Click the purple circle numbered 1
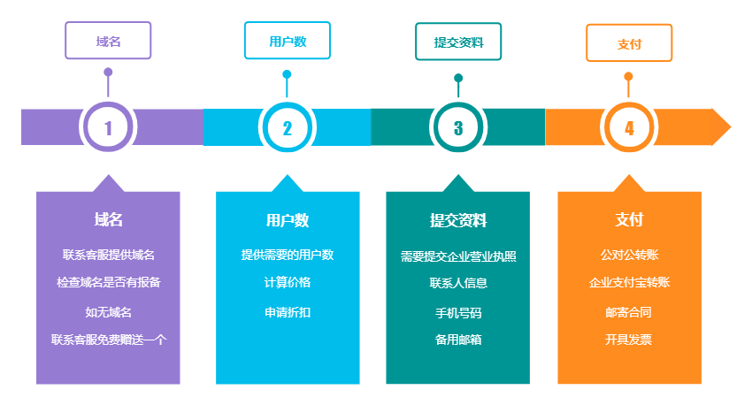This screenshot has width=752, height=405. click(x=108, y=127)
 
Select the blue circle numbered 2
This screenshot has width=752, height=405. click(x=287, y=127)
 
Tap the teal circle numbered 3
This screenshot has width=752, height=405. click(x=458, y=127)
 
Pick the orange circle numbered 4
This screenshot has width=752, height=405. click(x=629, y=127)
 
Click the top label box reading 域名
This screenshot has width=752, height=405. click(x=108, y=42)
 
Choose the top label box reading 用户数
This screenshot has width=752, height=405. click(x=287, y=42)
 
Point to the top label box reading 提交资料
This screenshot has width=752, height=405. click(x=458, y=42)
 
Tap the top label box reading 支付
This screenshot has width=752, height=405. click(x=629, y=43)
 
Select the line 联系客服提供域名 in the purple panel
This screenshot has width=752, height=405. click(x=108, y=255)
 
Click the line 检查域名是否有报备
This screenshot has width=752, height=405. click(x=108, y=283)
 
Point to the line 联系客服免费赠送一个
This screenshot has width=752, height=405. click(x=108, y=340)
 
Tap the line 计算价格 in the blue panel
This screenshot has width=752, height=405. click(x=287, y=283)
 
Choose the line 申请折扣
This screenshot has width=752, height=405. click(x=287, y=312)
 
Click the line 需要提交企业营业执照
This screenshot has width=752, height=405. click(x=458, y=256)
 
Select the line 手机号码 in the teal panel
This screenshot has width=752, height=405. click(x=458, y=313)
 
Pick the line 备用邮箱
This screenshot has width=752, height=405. click(x=458, y=340)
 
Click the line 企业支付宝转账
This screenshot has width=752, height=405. click(x=629, y=283)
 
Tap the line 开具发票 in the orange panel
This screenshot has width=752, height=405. click(x=629, y=340)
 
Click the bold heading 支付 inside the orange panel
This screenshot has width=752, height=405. click(x=629, y=220)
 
